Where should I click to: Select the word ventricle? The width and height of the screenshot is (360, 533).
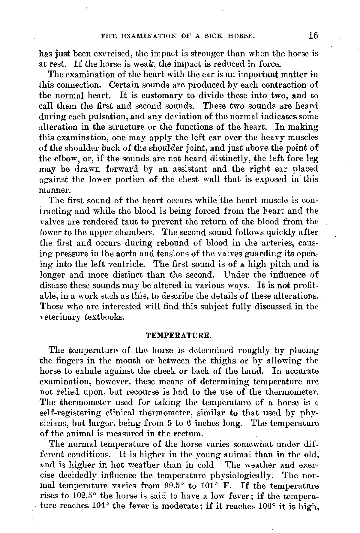point(130,264)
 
